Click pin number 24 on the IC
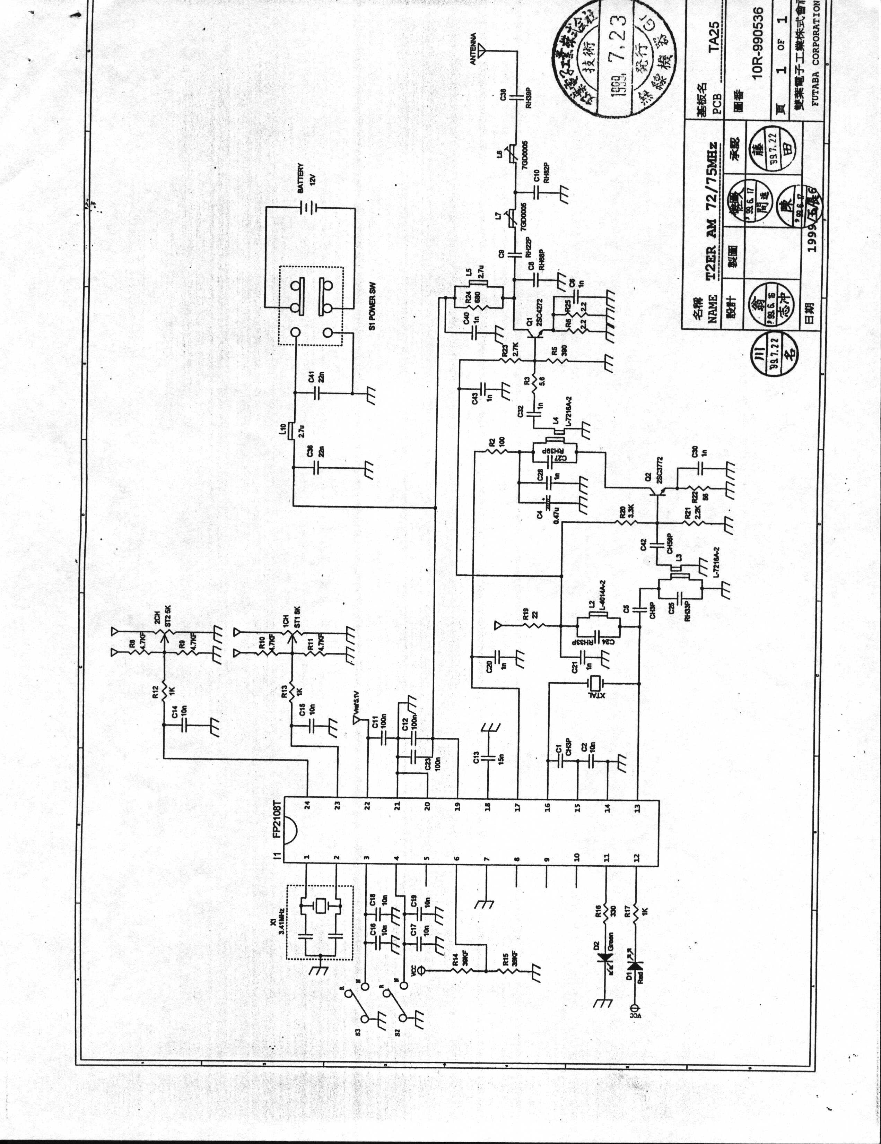pyautogui.click(x=308, y=804)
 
